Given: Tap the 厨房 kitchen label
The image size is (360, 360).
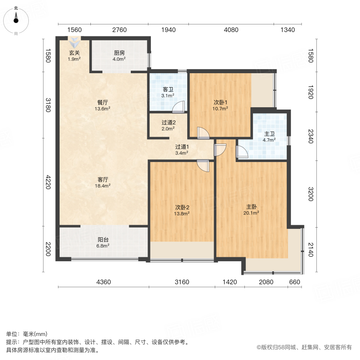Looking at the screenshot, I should [x=119, y=53].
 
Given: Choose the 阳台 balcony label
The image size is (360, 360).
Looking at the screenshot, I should [x=103, y=240].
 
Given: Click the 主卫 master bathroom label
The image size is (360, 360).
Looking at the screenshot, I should [x=269, y=134].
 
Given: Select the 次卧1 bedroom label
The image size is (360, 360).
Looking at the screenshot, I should [x=220, y=102].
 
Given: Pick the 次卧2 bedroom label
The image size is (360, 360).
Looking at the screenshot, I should [x=182, y=207].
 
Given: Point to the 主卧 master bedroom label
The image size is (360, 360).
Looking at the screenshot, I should [x=251, y=207].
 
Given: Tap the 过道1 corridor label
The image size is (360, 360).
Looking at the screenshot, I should [x=182, y=146].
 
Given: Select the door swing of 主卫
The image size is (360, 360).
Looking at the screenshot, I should [x=242, y=152].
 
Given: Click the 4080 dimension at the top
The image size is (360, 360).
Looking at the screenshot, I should [x=231, y=30].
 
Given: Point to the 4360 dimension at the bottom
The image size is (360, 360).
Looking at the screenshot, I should [x=103, y=282].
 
